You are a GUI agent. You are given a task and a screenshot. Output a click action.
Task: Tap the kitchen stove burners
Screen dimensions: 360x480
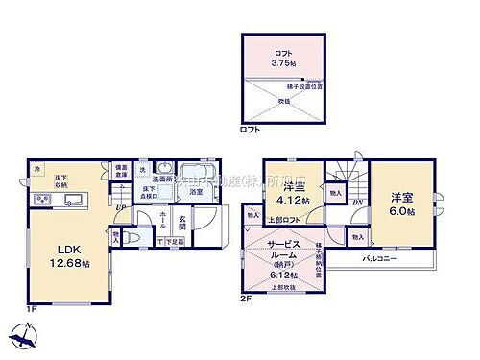[x=42, y=200]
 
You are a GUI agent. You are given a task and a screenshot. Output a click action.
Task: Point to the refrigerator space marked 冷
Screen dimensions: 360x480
[x=39, y=171]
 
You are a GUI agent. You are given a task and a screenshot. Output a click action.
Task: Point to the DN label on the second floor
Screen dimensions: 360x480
[x=356, y=203]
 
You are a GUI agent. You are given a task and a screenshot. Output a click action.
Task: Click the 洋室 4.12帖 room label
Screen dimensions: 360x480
[x=293, y=193]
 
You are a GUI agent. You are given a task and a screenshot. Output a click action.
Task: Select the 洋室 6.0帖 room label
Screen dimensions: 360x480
[x=401, y=204]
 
